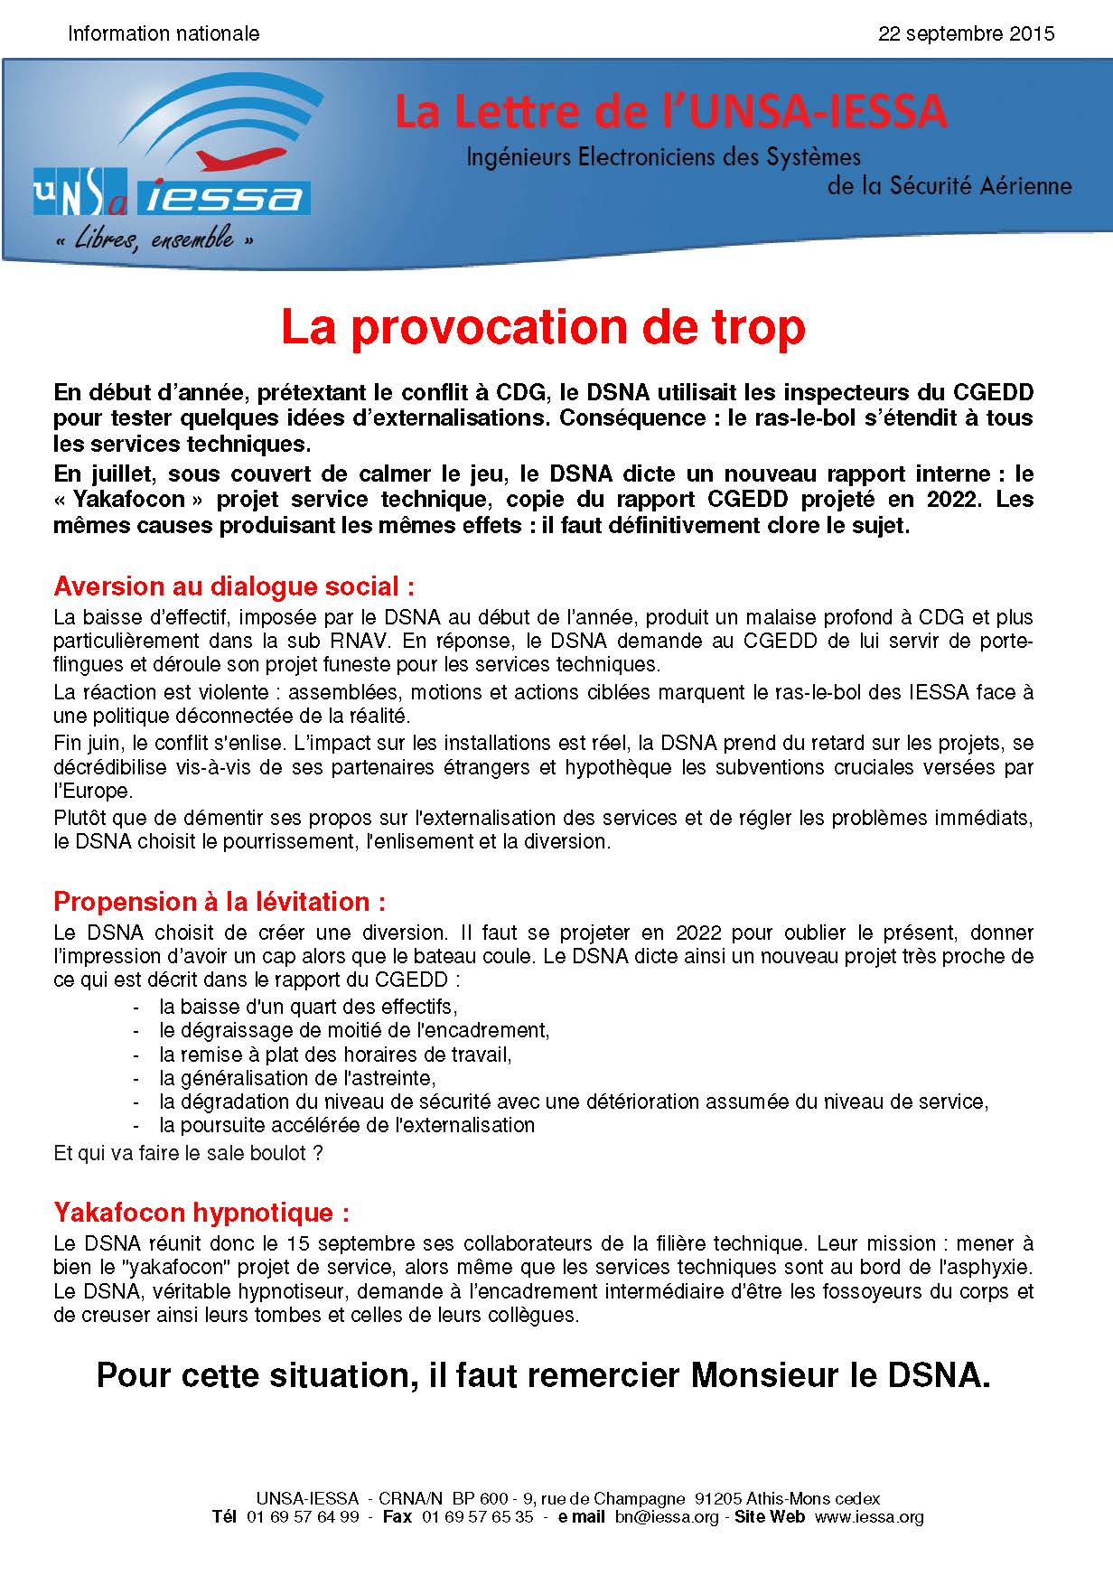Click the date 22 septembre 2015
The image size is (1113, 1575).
tap(966, 34)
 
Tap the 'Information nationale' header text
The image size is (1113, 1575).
tap(164, 34)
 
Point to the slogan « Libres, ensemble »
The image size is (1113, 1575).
tap(154, 240)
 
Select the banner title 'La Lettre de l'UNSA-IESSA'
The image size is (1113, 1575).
tap(670, 112)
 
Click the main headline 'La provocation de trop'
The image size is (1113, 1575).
tap(543, 328)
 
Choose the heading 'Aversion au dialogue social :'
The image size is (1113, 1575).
tap(234, 586)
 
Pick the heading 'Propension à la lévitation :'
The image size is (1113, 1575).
tap(220, 901)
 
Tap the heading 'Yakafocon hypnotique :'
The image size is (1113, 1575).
tap(201, 1212)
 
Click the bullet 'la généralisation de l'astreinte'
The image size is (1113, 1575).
tap(297, 1078)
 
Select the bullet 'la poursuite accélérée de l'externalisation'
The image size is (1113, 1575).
tap(347, 1125)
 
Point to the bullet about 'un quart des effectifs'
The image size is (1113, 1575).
tap(308, 1007)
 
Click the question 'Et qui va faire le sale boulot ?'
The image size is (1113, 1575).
tap(188, 1153)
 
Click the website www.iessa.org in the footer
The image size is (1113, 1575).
tap(869, 1517)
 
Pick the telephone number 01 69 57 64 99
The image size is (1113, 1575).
tap(303, 1517)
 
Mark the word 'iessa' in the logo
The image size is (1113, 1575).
tap(226, 196)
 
